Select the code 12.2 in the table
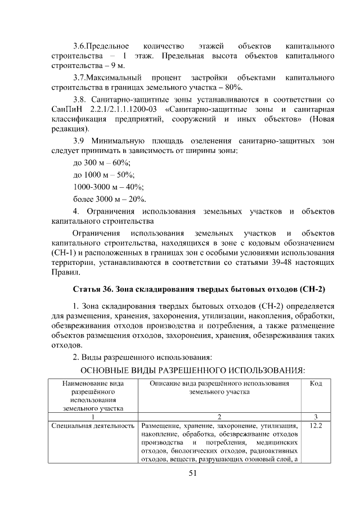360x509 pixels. tap(316, 426)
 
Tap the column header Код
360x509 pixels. tap(316, 383)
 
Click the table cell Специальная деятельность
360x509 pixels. tap(93, 426)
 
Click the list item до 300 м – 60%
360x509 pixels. tap(101, 162)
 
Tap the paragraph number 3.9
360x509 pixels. tap(81, 141)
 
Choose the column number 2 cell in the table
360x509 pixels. tap(219, 417)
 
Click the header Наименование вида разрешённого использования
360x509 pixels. tap(93, 396)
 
